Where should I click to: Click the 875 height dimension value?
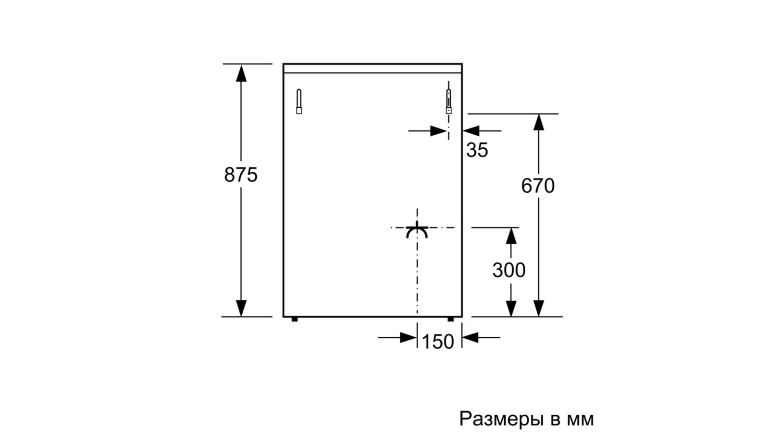point(241,175)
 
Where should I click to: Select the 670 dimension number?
point(538,186)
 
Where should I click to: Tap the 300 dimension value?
point(509,270)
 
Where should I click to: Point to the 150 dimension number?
point(437,342)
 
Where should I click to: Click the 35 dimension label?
point(477,151)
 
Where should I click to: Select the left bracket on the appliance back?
point(299,102)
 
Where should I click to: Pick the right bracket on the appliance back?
point(449,101)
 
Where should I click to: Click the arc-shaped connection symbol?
point(417,231)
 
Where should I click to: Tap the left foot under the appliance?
point(295,319)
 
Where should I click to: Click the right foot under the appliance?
point(450,319)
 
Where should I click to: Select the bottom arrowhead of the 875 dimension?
point(241,308)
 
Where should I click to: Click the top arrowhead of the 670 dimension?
point(539,122)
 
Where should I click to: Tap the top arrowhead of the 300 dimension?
point(511,236)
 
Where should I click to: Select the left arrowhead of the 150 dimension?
point(408,338)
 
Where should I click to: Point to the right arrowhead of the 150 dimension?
point(470,338)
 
